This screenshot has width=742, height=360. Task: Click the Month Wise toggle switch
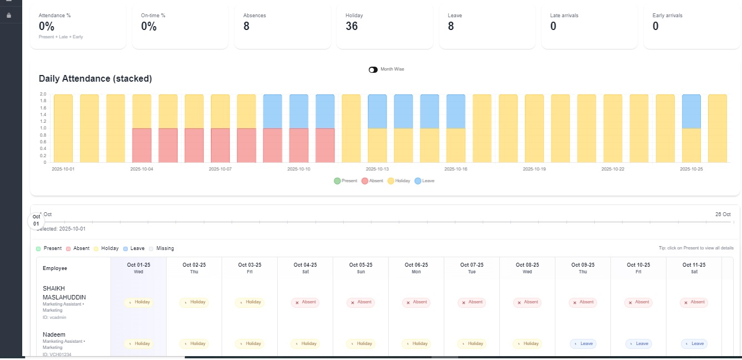pos(373,69)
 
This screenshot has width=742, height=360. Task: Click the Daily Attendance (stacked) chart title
pos(95,79)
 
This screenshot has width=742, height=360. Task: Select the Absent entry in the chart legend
pos(373,181)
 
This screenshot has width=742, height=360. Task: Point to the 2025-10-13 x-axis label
pos(378,169)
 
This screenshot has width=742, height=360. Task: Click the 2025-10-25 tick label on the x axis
pos(691,169)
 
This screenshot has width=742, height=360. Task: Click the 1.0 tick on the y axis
pos(43,128)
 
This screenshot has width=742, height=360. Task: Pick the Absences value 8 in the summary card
pos(246,26)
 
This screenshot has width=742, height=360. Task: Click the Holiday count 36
pos(352,26)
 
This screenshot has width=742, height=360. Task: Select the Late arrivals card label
pos(564,16)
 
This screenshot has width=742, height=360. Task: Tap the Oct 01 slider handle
pos(36,221)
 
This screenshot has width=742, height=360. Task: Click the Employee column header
pos(55,268)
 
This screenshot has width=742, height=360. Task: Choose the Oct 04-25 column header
pos(305,268)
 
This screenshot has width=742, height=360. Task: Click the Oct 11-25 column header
pos(694,268)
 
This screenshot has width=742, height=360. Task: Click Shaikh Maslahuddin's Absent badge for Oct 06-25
pos(416,302)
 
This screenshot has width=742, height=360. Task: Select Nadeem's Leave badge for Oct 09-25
pos(583,344)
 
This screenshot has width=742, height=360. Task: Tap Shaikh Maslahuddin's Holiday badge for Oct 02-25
pos(194,302)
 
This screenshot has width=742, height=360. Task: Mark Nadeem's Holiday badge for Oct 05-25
pos(360,344)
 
